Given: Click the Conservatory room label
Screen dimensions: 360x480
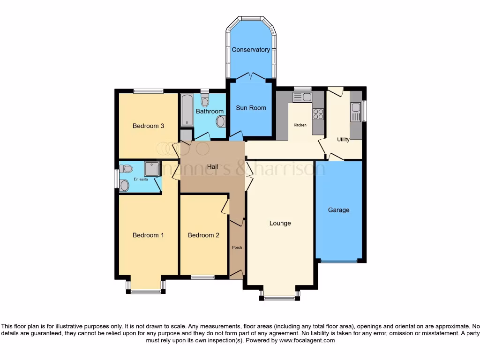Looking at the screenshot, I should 251,50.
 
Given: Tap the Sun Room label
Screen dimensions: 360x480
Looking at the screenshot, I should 251,108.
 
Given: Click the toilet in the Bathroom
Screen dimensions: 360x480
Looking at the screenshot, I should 205,101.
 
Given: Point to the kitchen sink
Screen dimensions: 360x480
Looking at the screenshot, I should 302,97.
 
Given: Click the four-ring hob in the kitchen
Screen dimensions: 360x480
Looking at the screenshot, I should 318,114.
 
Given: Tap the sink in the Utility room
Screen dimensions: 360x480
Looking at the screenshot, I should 355,112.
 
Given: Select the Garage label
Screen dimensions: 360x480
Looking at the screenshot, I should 338,210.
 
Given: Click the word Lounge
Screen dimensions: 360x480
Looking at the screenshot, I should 280,223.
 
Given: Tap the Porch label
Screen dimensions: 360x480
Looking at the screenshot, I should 237,247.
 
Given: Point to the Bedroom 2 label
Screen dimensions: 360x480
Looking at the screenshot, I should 203,235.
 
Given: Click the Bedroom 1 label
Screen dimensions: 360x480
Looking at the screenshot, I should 148,235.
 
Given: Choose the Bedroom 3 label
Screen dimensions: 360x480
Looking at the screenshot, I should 148,126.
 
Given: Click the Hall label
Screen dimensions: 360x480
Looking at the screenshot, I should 213,166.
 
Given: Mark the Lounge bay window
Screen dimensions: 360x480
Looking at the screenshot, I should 279,298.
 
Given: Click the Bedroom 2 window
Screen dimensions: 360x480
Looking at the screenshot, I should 202,277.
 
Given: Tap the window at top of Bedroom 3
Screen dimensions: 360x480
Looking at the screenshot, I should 148,91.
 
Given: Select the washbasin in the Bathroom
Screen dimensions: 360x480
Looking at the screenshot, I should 220,122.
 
